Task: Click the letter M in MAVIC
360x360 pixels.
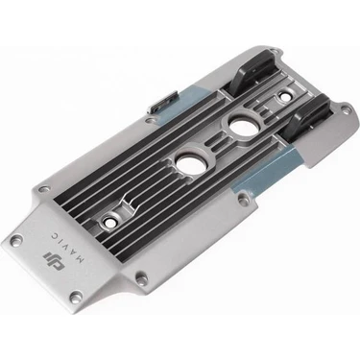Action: pyautogui.click(x=81, y=259)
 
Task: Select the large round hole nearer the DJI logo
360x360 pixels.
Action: pyautogui.click(x=188, y=163)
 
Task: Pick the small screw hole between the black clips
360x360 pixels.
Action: pyautogui.click(x=284, y=95)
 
